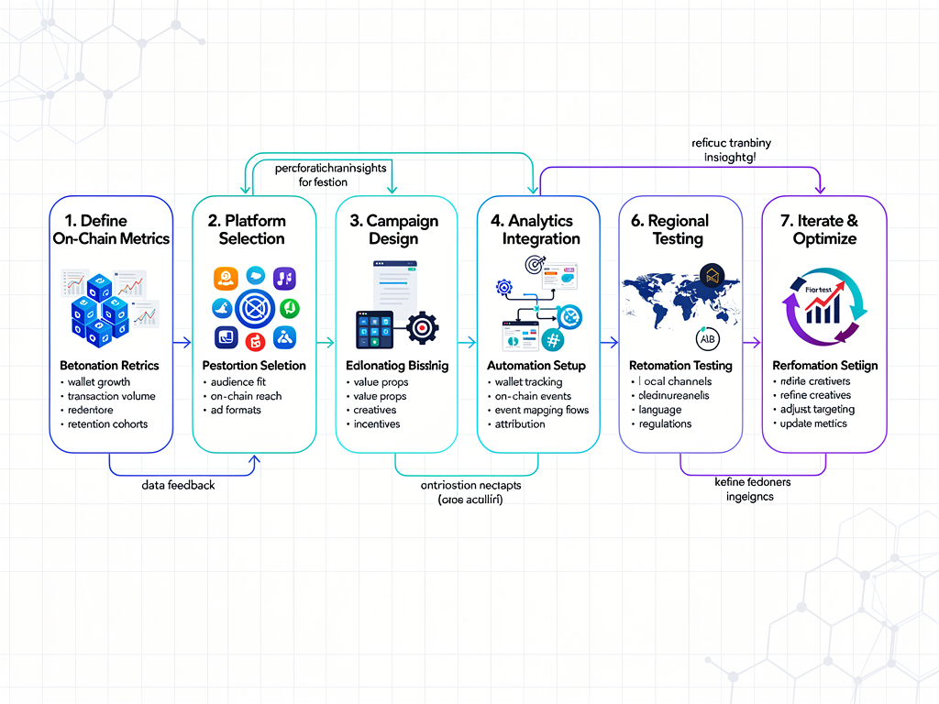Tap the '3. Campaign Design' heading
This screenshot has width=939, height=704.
393,229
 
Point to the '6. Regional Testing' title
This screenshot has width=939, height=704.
679,229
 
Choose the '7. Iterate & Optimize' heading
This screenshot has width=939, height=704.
824,229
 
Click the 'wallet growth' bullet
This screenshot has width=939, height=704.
99,382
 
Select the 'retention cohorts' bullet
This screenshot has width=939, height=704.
107,424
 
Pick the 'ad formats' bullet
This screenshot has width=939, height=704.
236,410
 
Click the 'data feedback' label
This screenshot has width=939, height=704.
178,484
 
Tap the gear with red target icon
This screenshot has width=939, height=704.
422,327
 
